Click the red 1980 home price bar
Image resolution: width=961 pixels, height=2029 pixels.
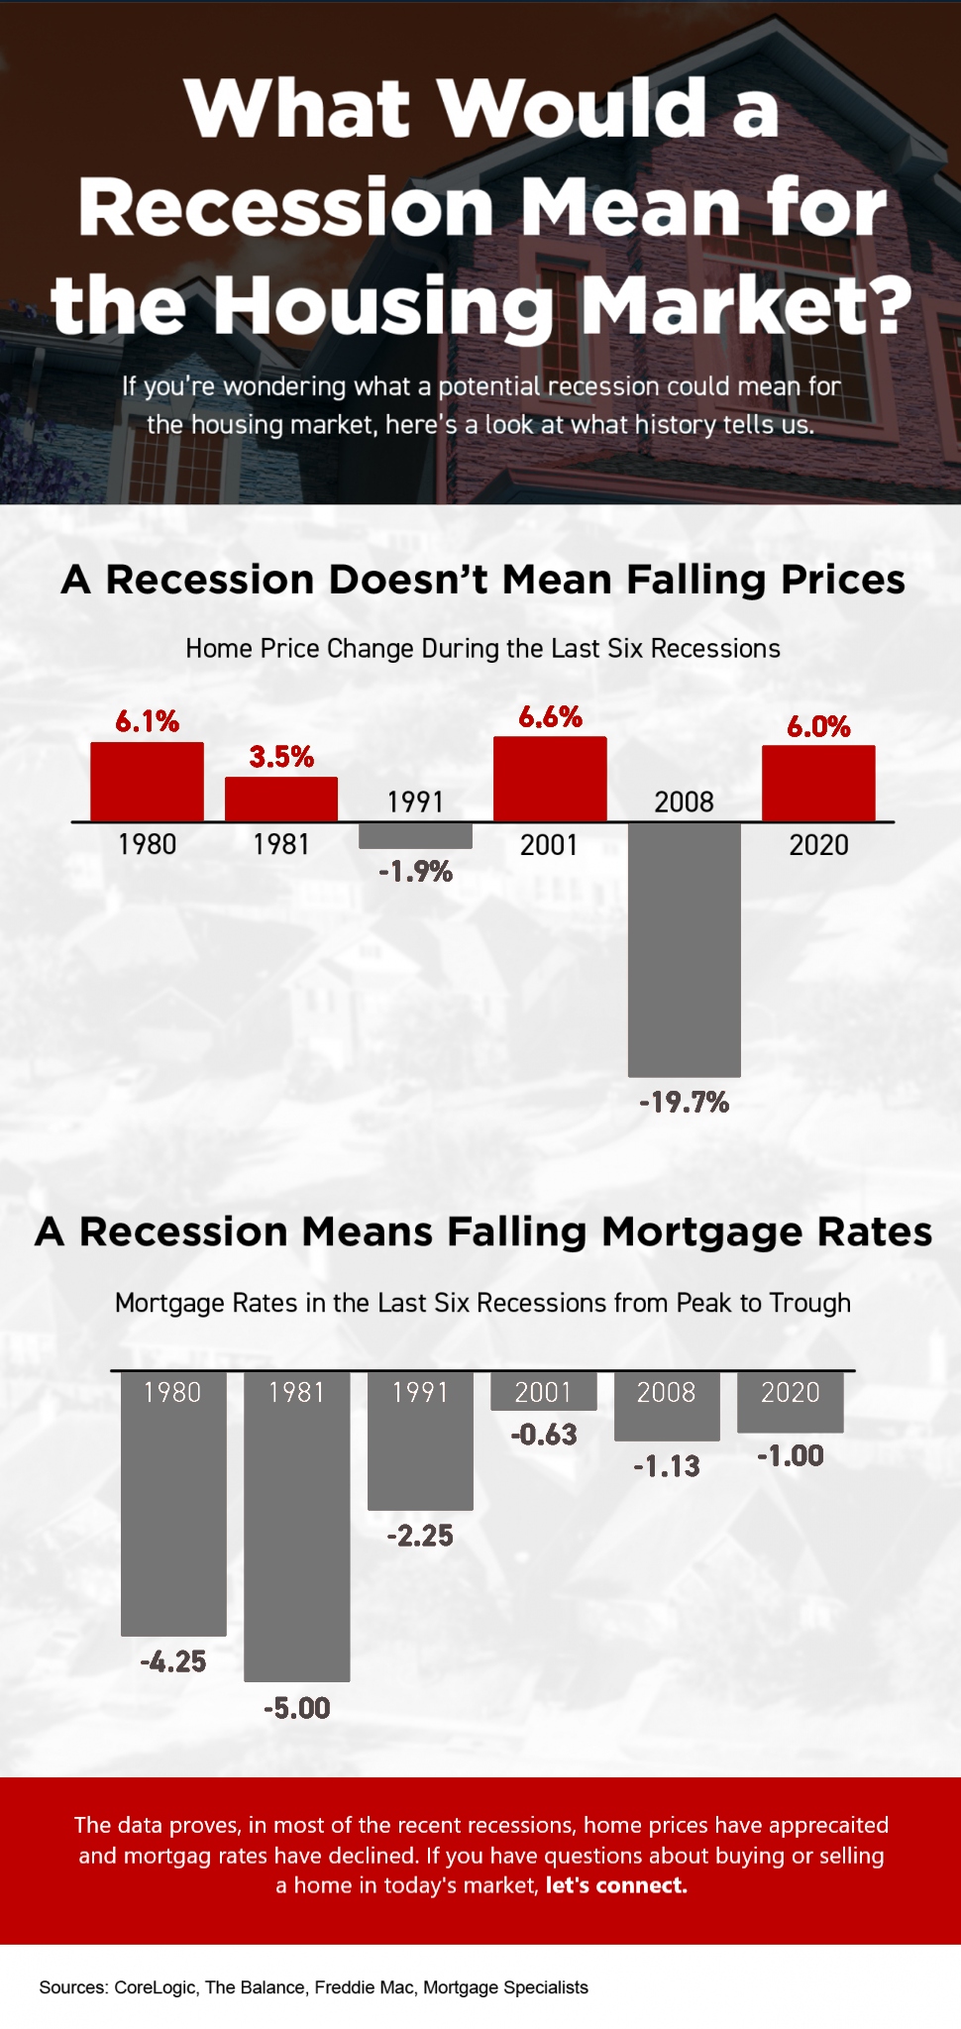147,781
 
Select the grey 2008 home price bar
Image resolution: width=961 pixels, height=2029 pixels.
684,949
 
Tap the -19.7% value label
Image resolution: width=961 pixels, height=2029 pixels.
684,1102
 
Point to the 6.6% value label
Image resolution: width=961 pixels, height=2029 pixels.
550,716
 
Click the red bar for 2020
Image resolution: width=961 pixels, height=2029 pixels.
817,783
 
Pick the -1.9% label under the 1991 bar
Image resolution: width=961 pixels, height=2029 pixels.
415,872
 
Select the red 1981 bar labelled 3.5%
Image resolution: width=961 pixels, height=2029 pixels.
281,799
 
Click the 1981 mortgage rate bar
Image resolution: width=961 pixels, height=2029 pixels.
296,1526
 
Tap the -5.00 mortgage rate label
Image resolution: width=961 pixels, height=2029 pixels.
296,1708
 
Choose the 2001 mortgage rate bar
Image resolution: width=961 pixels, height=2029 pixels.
543,1391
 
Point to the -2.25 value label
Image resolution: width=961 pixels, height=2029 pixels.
420,1536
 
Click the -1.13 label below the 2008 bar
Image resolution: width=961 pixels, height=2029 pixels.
667,1466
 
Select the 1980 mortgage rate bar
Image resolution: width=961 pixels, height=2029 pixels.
173,1504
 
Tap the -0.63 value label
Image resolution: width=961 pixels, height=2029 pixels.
543,1435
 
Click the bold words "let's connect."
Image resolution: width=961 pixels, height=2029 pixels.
616,1884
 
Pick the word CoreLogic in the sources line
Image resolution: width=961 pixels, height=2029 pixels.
156,1987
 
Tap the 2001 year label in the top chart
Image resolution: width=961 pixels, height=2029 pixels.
549,845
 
